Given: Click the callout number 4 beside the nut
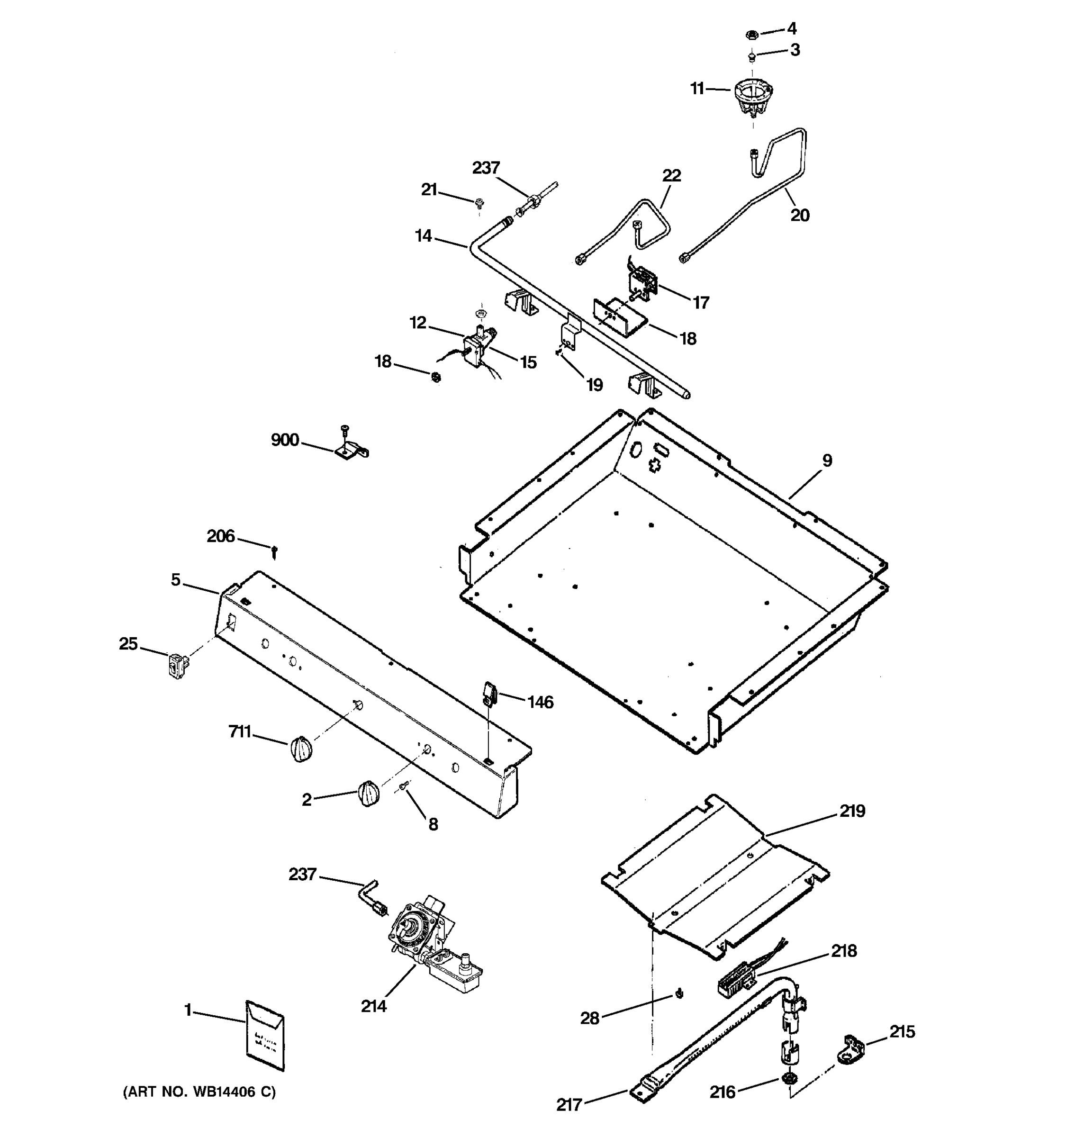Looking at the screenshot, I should point(792,28).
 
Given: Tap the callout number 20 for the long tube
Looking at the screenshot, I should point(800,215).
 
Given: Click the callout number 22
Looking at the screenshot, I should point(671,176).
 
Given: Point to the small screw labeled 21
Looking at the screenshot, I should point(479,201).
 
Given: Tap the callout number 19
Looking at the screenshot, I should point(594,385).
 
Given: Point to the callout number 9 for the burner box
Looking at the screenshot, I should point(827,460).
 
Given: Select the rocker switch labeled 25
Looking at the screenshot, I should point(178,665).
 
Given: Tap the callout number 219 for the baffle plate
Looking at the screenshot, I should point(852,811).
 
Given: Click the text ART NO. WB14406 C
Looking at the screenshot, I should point(199,1092).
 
